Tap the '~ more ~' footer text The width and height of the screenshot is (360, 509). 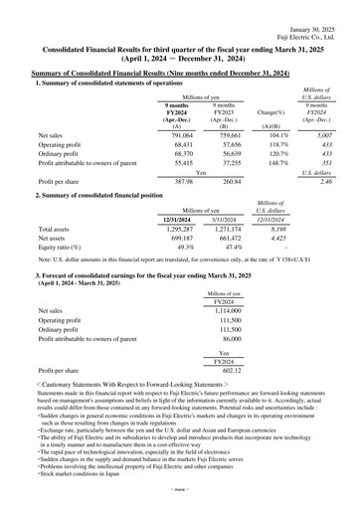181,502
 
